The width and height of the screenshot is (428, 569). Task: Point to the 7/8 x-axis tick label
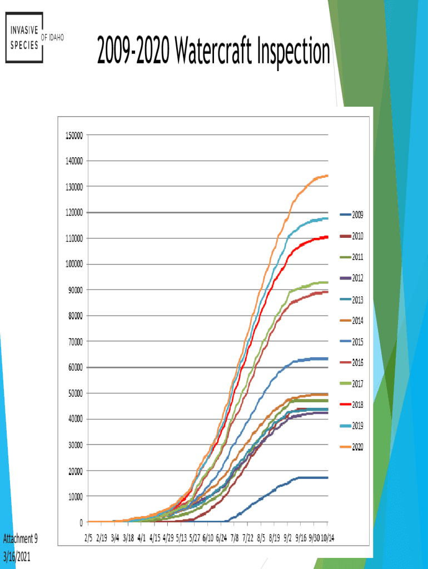(x=235, y=538)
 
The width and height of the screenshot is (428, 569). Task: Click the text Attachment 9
(x=21, y=538)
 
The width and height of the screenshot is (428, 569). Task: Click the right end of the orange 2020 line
(x=327, y=176)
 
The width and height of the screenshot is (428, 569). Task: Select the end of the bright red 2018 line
(x=327, y=237)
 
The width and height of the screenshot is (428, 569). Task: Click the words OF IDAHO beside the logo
(x=53, y=37)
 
